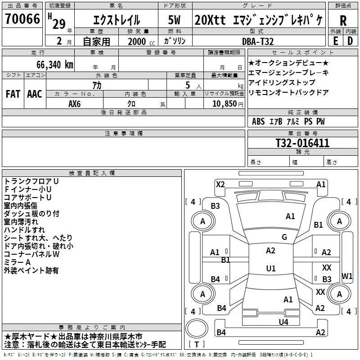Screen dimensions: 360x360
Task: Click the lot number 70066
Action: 22,20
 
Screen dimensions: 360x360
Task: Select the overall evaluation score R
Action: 343,20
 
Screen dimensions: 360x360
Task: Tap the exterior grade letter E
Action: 336,41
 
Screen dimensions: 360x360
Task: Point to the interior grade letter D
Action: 350,41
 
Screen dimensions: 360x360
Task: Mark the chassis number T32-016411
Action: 302,143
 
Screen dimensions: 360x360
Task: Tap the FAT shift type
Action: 13,94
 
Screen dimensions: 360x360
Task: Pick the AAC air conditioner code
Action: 35,94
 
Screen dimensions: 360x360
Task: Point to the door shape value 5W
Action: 175,20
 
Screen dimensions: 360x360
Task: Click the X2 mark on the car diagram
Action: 220,184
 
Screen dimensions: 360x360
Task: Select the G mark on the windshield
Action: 284,237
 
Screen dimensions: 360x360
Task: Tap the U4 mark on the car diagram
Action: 283,322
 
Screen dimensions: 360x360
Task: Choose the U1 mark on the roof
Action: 271,269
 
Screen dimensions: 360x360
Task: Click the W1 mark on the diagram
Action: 347,275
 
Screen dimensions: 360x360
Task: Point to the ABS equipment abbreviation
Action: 258,121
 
